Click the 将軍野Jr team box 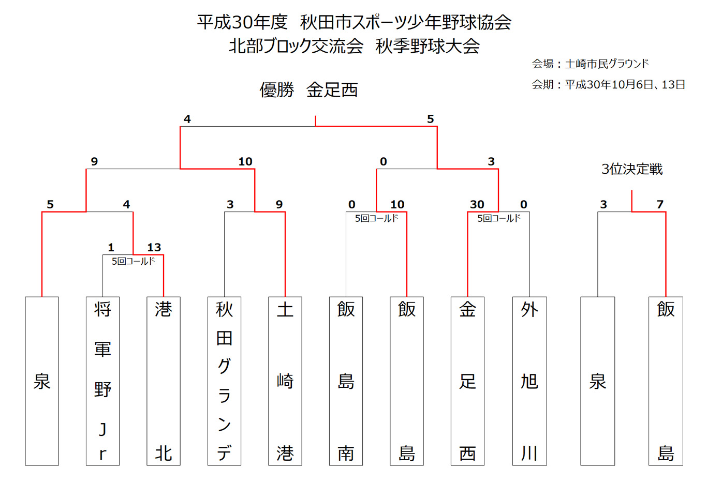[102, 381]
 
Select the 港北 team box [164, 381]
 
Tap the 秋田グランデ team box [225, 381]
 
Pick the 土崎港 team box [285, 381]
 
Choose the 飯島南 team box [346, 381]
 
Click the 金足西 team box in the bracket [467, 381]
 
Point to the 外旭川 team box [529, 381]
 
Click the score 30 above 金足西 [477, 204]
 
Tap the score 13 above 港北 [154, 247]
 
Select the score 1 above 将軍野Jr [111, 247]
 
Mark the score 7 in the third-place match [660, 204]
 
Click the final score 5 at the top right [431, 119]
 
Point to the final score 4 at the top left [187, 119]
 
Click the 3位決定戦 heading [632, 169]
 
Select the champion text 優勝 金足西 [308, 90]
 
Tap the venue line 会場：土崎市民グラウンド [590, 64]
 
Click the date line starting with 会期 [609, 84]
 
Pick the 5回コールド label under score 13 [134, 261]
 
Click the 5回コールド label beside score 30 [499, 218]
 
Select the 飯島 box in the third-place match [666, 381]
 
